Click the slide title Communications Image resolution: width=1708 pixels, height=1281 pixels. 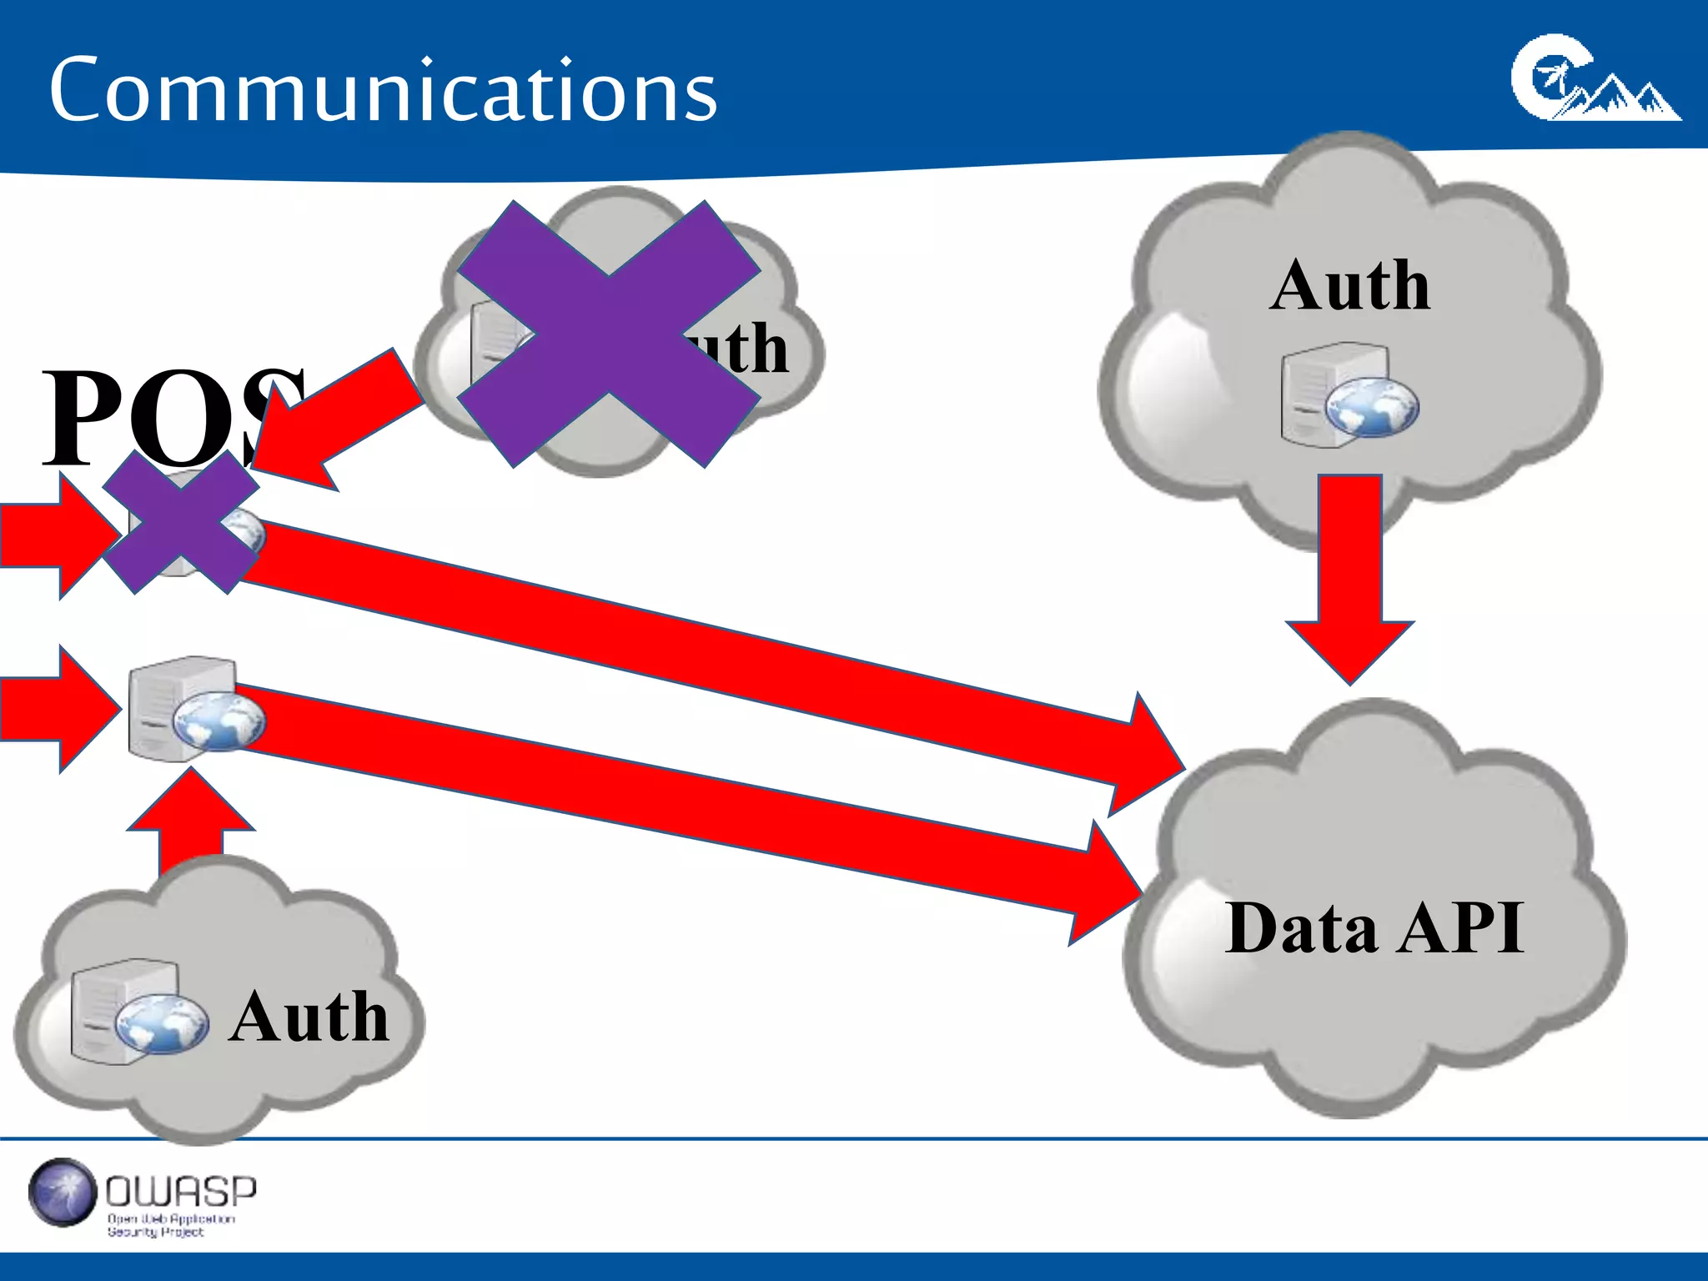(x=383, y=90)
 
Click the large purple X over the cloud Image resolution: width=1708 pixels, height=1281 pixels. (x=609, y=334)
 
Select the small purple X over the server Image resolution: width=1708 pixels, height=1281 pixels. (x=180, y=523)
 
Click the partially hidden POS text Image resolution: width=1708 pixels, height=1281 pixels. (x=167, y=417)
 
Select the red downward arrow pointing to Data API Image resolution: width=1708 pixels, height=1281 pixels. (x=1350, y=575)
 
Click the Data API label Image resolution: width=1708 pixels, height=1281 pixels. (x=1374, y=928)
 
